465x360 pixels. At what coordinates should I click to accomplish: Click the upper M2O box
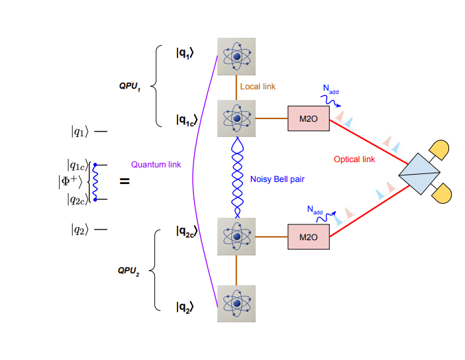308,118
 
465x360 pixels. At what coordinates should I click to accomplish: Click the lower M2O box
308,236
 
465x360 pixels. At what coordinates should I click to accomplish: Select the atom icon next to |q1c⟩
236,119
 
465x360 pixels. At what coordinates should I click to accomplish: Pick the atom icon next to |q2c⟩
236,236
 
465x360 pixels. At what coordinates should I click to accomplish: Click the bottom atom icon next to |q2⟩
236,303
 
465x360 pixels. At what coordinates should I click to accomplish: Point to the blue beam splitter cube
420,173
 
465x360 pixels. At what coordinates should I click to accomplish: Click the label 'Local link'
258,87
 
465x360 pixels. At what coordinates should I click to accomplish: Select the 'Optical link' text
354,159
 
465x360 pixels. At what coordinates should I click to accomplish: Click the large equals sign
124,180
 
